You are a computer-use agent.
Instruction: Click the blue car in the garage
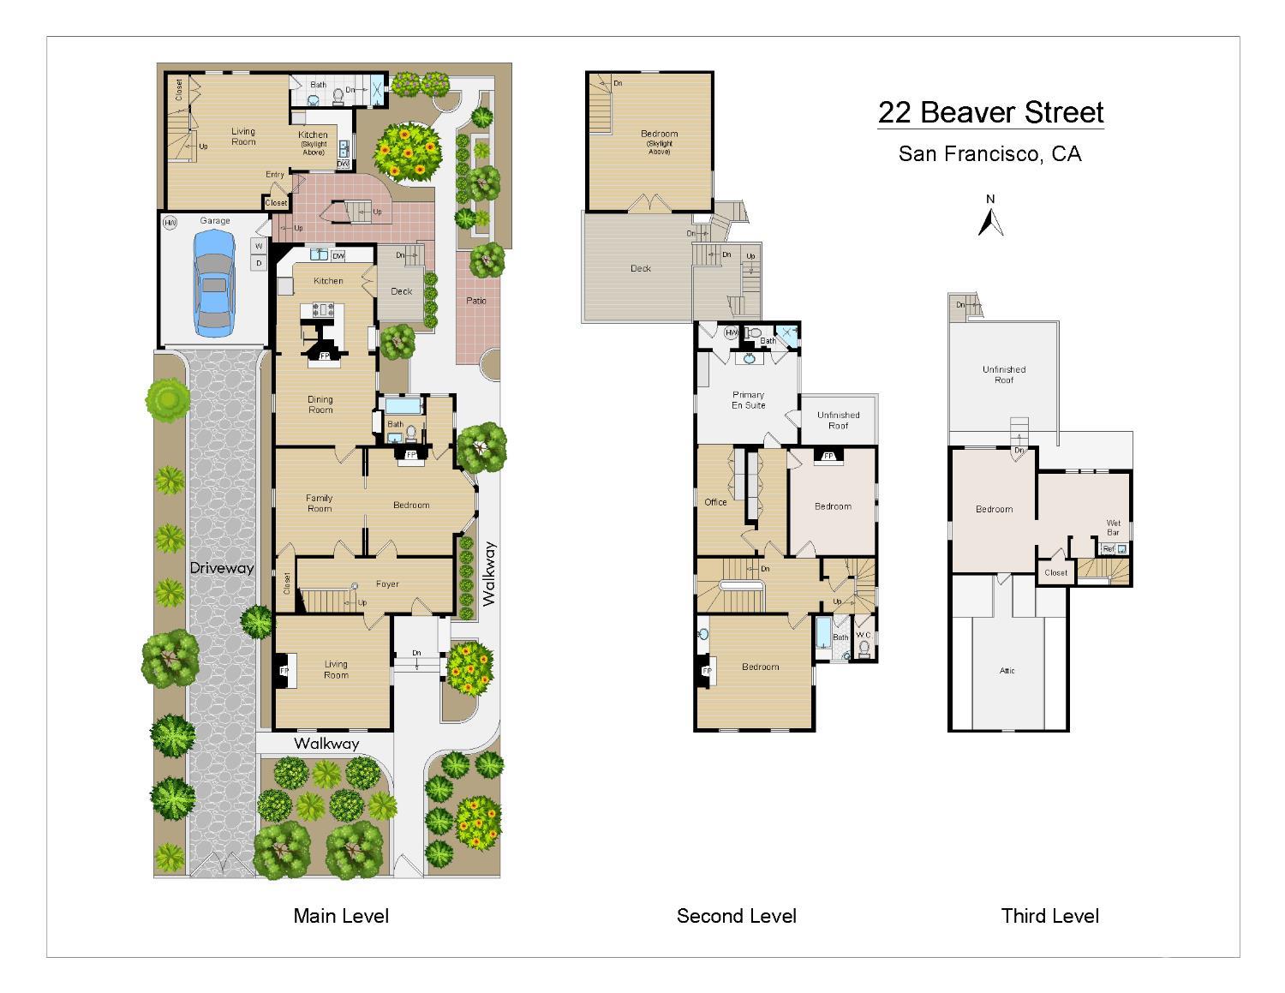pyautogui.click(x=214, y=284)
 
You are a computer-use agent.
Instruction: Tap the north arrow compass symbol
pyautogui.click(x=990, y=218)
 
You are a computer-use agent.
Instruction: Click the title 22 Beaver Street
pyautogui.click(x=990, y=112)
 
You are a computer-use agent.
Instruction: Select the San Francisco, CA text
pyautogui.click(x=989, y=154)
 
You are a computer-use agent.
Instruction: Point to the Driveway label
pyautogui.click(x=222, y=568)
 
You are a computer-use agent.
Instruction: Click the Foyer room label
pyautogui.click(x=387, y=584)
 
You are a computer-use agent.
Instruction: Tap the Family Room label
pyautogui.click(x=320, y=503)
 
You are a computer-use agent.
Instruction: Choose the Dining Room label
pyautogui.click(x=320, y=404)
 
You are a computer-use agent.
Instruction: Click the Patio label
pyautogui.click(x=476, y=301)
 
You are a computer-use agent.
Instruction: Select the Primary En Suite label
pyautogui.click(x=748, y=400)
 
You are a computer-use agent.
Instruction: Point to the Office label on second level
pyautogui.click(x=715, y=502)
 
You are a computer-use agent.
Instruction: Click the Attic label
pyautogui.click(x=1007, y=671)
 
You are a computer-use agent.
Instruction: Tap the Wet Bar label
pyautogui.click(x=1113, y=527)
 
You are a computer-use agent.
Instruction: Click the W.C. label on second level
pyautogui.click(x=864, y=635)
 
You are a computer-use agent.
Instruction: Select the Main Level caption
pyautogui.click(x=341, y=916)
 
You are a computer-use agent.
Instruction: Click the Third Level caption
pyautogui.click(x=1049, y=916)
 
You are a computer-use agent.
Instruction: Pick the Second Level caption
pyautogui.click(x=736, y=916)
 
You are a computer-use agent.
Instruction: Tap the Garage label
pyautogui.click(x=215, y=221)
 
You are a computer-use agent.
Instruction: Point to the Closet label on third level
pyautogui.click(x=1055, y=572)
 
